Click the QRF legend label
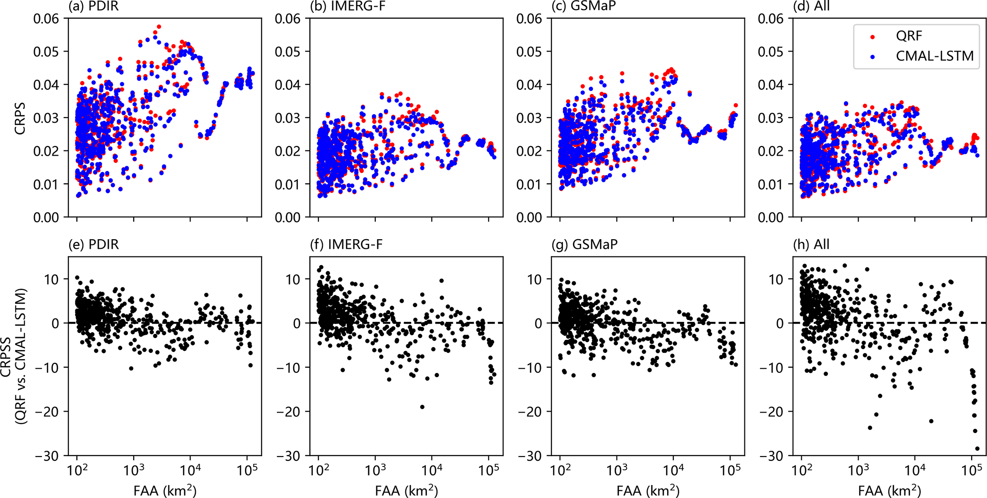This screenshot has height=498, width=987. pos(909,36)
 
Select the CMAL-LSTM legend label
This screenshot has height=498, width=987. pos(934,56)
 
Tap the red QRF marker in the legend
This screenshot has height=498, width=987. pos(873,36)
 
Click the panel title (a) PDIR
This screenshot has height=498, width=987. pos(94,6)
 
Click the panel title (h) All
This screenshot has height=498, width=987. pos(811,244)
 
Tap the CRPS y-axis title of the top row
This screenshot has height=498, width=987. pos(20,118)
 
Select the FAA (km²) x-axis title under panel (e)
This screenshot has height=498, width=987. pos(165,490)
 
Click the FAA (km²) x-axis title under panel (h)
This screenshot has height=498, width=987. pos(889,490)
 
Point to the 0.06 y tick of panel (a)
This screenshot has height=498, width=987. pos(46,19)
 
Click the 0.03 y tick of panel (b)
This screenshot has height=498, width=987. pos(288,118)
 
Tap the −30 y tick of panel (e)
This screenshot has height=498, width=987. pos(47,456)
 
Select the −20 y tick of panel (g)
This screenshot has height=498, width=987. pos(531,412)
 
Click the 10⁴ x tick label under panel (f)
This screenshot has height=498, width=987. pos(432,470)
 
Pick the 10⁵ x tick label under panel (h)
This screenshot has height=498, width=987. pos(971,470)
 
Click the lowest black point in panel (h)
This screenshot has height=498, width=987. pos(977,448)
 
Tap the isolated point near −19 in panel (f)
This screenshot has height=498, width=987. pos(422,407)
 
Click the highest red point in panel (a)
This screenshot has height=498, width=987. pos(159,27)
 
